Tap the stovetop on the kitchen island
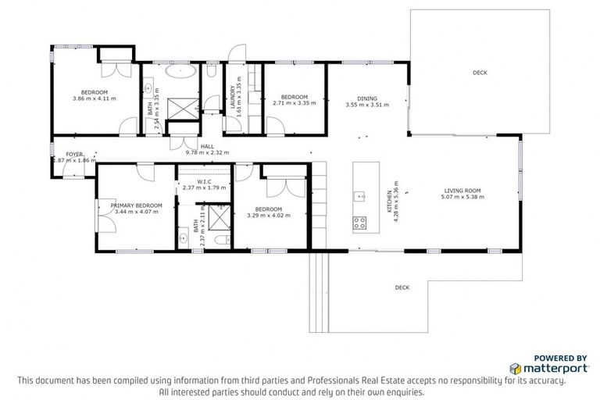click(x=360, y=223)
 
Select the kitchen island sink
click(x=360, y=195)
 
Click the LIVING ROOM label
click(x=462, y=190)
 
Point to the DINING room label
click(x=367, y=98)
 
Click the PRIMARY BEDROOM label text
click(x=137, y=205)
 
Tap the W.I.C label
click(x=204, y=181)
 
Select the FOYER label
click(x=74, y=154)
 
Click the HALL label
click(x=207, y=146)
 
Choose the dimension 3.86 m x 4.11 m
click(x=95, y=98)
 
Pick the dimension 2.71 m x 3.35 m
click(x=295, y=102)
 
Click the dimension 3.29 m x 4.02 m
click(x=268, y=215)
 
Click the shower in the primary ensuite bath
click(x=219, y=212)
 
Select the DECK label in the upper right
click(x=479, y=73)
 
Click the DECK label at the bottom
click(x=402, y=287)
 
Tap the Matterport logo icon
click(x=516, y=366)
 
